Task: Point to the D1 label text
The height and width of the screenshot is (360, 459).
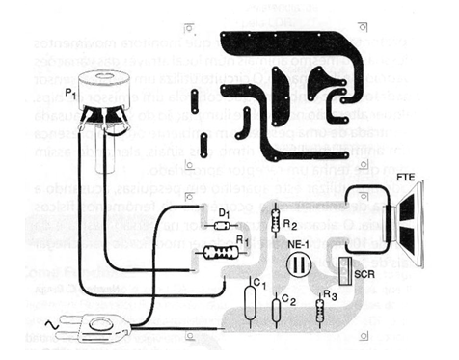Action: click(x=224, y=210)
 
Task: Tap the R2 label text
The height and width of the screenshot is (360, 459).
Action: click(x=290, y=224)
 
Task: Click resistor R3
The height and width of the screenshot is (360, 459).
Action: click(x=319, y=309)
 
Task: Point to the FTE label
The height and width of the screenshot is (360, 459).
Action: click(x=406, y=180)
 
